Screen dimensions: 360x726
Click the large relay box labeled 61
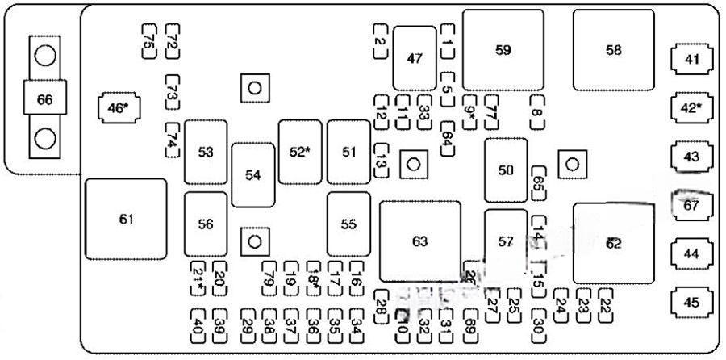point(126,220)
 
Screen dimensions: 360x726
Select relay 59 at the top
point(503,50)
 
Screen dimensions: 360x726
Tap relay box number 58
point(614,50)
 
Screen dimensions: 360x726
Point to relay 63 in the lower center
point(419,241)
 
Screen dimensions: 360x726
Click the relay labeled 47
point(415,58)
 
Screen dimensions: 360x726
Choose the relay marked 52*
point(300,152)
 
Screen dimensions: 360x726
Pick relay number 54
point(253,175)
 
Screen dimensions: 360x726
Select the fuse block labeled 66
point(45,100)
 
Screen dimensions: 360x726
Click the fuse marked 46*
point(118,107)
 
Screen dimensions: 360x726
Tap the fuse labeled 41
point(691,59)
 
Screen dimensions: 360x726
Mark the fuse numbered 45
point(691,303)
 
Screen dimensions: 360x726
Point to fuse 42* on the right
point(691,108)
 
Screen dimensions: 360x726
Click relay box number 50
point(506,170)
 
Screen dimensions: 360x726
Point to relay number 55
point(348,224)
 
